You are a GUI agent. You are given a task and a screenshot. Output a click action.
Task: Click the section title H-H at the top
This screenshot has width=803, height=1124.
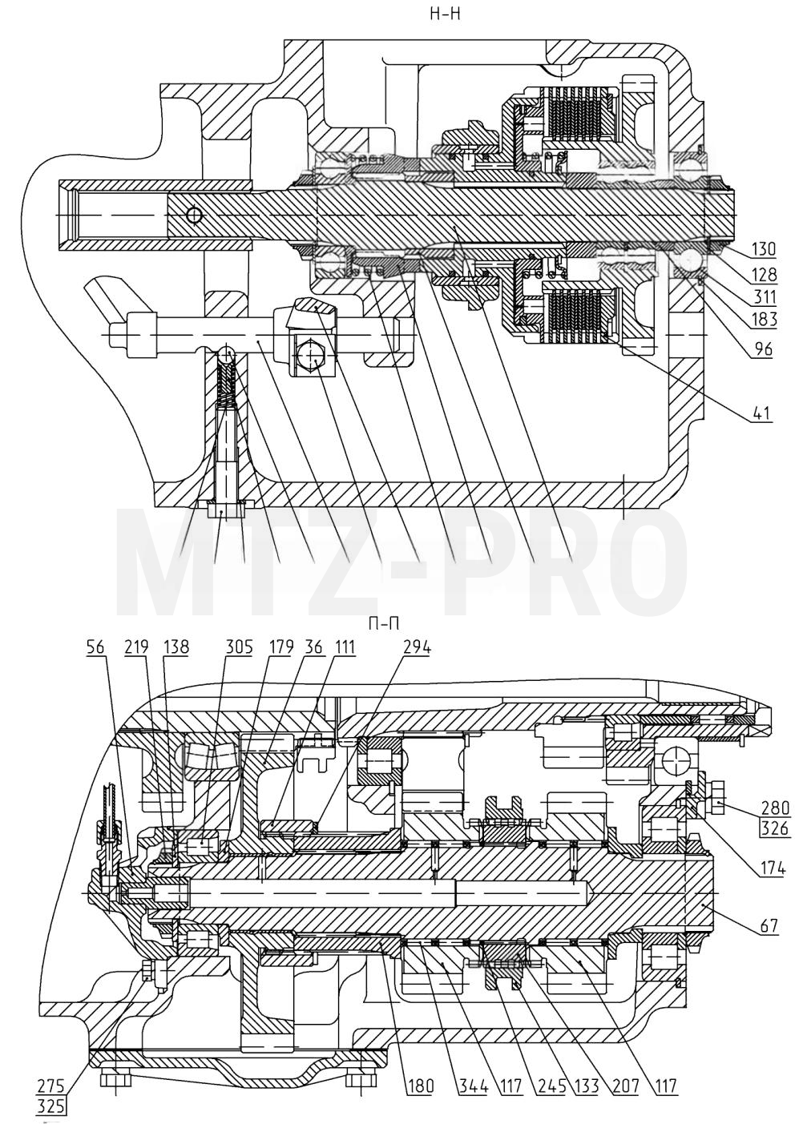[445, 14]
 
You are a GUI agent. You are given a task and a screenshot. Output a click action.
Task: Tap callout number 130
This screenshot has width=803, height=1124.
[764, 249]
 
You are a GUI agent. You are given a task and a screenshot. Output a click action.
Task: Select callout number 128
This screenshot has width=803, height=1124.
[764, 274]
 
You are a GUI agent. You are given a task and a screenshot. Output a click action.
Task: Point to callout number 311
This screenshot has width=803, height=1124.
[764, 297]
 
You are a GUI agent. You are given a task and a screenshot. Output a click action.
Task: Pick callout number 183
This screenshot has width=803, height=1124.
[764, 320]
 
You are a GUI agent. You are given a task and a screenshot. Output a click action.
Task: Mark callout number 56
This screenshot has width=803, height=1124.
[95, 647]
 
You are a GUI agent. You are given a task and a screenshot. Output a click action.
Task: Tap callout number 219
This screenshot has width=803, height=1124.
[136, 647]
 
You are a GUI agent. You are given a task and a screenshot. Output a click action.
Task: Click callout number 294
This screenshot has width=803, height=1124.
[417, 647]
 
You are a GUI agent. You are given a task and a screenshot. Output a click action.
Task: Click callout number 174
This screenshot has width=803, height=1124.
[773, 868]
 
